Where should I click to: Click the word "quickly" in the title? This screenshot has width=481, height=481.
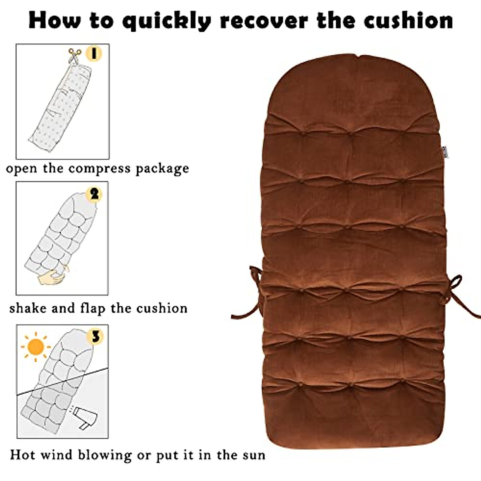coord(166,21)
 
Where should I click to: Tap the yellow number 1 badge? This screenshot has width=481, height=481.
coord(94,53)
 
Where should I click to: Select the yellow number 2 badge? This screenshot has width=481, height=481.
coord(95,194)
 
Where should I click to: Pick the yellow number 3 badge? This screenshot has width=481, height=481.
coord(95,337)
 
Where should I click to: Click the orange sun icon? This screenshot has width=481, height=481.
coord(36,347)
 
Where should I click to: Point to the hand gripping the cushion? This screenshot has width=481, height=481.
coord(53,277)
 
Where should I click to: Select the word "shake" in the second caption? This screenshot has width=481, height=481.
coord(27,308)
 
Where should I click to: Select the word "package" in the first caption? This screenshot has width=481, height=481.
coord(162,169)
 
